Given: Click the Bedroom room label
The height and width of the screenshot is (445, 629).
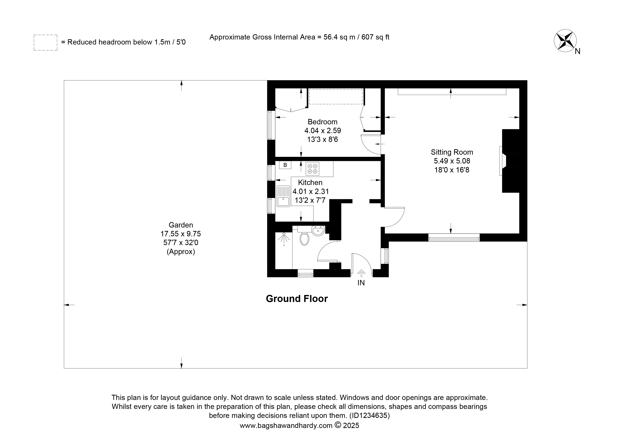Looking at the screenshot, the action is coord(322,122).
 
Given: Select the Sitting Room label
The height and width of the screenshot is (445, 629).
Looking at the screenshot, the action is coord(452,152).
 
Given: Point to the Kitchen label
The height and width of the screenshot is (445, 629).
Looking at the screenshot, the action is coord(310,182).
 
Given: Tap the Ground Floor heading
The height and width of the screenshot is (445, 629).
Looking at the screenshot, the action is coord(297,299).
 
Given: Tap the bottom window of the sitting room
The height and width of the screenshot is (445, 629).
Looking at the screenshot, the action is coord(454,237).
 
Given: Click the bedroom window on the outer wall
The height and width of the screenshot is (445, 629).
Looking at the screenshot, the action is coord(271,125).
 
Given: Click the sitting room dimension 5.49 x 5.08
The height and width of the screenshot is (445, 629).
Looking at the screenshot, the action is coord(452,161).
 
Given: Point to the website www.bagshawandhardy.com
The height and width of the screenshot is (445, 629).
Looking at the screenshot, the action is coord(286,426).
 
